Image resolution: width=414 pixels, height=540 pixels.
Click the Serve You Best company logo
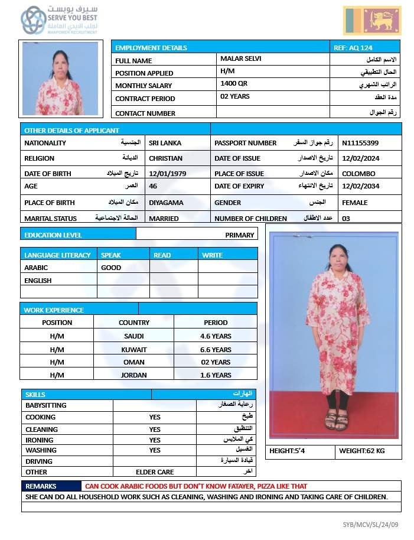click(x=58, y=21)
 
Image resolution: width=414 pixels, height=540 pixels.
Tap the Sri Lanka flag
click(x=371, y=21)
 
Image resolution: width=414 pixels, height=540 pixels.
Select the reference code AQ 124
click(x=353, y=47)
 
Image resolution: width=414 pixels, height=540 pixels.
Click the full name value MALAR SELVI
click(x=240, y=59)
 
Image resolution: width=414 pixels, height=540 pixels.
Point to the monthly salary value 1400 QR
click(x=234, y=84)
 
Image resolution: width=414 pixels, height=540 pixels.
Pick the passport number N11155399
click(x=360, y=143)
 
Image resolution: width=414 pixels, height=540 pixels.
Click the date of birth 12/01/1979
click(x=168, y=174)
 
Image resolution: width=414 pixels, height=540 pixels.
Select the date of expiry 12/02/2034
click(x=360, y=186)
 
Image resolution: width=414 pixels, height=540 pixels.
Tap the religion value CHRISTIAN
click(x=166, y=158)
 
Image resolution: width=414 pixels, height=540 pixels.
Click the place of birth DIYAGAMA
click(x=166, y=203)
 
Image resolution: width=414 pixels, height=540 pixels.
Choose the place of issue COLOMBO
click(x=358, y=174)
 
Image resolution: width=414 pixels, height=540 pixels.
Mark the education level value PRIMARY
click(x=239, y=235)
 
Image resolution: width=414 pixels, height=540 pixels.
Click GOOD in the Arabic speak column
click(x=111, y=268)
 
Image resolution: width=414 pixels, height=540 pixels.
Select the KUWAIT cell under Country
click(x=133, y=349)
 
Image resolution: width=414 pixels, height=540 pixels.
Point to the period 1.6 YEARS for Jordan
click(x=216, y=375)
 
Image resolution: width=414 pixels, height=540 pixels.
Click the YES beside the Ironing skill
click(x=155, y=440)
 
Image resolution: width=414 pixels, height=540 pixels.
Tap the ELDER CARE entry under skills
click(x=155, y=472)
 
